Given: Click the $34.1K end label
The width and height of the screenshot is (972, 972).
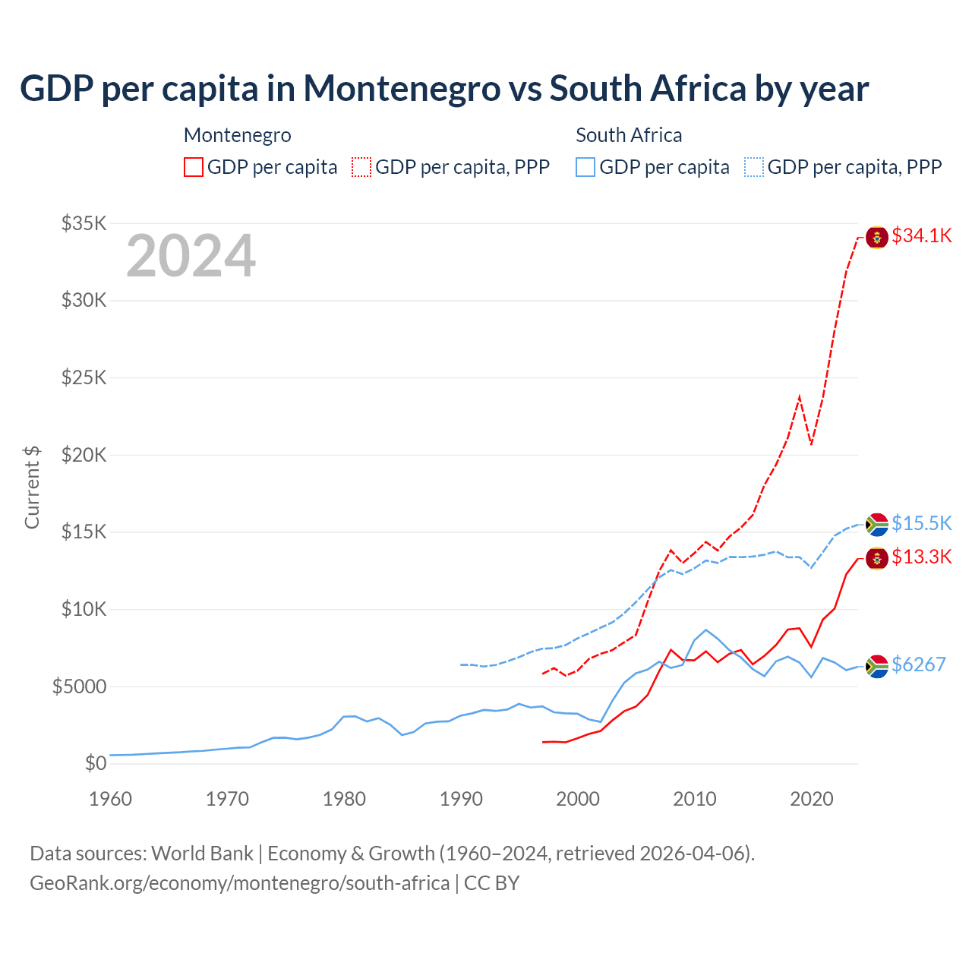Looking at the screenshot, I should (x=921, y=235).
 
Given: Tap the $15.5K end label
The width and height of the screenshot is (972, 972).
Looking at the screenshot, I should (x=921, y=523).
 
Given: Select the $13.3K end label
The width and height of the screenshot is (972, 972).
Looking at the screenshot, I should (x=921, y=557).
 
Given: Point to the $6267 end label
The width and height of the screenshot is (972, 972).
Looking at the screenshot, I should (x=918, y=664).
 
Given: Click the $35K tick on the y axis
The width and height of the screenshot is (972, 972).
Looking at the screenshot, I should (x=84, y=223).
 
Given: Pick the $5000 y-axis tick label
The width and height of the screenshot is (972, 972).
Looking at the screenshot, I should (x=79, y=686).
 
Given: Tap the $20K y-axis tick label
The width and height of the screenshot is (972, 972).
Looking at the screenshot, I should (x=84, y=455).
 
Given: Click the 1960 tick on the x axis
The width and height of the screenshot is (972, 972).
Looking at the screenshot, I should (x=110, y=799).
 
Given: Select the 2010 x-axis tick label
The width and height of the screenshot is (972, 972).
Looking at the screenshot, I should (x=695, y=799).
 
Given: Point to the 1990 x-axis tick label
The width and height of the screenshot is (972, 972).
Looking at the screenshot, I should (x=461, y=799).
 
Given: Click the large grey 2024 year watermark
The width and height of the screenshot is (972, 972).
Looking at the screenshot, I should (x=191, y=256).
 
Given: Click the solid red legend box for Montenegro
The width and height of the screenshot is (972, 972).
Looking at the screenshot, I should (x=194, y=167).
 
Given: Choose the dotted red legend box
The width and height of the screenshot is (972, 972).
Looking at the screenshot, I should (x=361, y=167).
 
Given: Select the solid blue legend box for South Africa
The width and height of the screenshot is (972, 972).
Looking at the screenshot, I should (x=585, y=167).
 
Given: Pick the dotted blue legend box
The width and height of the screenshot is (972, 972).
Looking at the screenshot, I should (x=754, y=167).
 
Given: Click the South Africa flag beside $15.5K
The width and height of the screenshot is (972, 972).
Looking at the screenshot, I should (x=877, y=524).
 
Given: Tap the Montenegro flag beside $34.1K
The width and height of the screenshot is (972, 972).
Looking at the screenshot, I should (x=877, y=237).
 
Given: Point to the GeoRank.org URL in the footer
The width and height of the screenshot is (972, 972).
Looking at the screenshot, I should (x=240, y=883).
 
